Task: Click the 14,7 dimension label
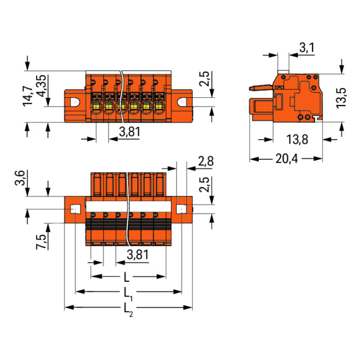coord(28,96)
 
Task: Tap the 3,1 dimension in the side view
coord(307,48)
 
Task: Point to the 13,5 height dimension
coord(341,98)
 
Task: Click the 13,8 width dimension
coord(297,139)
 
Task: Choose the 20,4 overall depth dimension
coord(287,158)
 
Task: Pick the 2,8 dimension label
coord(206,161)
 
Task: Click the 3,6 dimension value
coord(20,178)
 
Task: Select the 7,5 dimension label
coord(41,242)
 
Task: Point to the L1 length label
coord(128,294)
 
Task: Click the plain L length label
coord(127,277)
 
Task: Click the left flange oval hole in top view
coord(75,102)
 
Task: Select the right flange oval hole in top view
coord(182,102)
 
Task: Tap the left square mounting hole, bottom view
coord(75,209)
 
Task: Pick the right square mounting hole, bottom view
coord(181,209)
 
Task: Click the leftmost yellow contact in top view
coord(96,106)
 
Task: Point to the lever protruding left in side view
coord(261,87)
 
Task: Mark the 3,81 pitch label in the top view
coord(130,132)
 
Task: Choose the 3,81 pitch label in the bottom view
coord(138,255)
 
